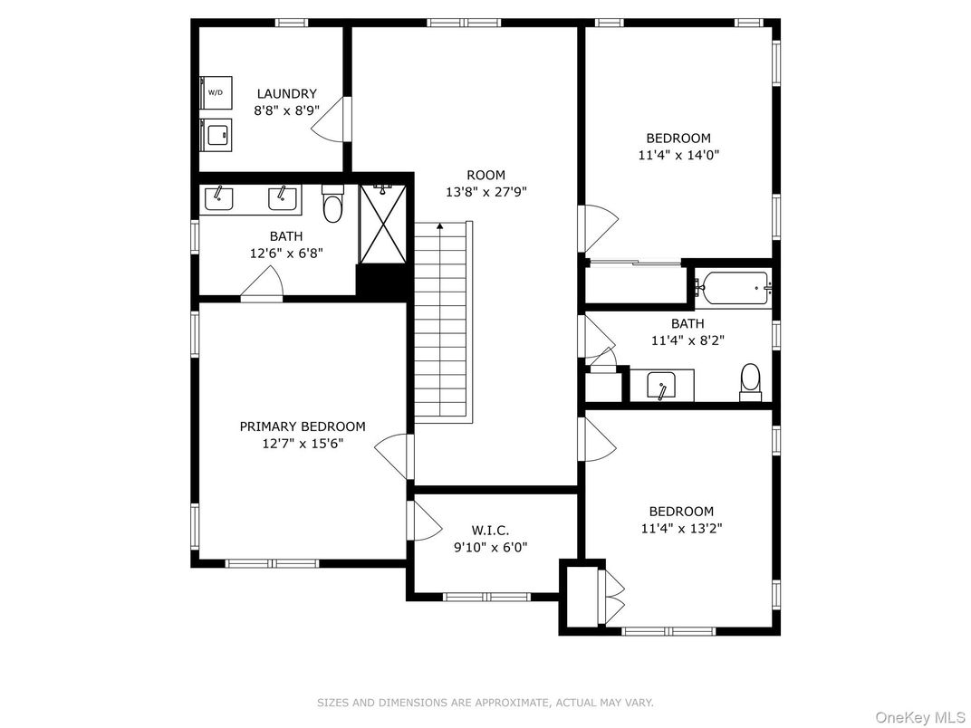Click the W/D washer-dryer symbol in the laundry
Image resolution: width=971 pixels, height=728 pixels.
(216, 93)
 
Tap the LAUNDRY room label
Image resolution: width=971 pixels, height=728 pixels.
(287, 94)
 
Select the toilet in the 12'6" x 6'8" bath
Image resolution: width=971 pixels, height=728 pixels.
(332, 204)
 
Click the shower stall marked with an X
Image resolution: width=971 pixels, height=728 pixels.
(383, 224)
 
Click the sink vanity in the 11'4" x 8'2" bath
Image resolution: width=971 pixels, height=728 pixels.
(662, 385)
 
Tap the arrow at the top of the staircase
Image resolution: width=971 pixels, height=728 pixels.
(439, 226)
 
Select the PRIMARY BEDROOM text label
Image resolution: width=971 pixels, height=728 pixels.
(303, 426)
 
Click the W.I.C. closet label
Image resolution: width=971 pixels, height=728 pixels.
(490, 531)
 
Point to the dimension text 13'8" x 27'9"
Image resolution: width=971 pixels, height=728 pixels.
(486, 192)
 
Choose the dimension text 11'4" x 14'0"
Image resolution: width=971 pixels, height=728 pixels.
(678, 155)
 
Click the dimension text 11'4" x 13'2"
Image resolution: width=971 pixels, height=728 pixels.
(682, 529)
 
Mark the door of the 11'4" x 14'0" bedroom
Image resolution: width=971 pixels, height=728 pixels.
(600, 228)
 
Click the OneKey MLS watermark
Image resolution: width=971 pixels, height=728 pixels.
(919, 717)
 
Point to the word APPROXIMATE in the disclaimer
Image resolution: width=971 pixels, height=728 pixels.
(513, 703)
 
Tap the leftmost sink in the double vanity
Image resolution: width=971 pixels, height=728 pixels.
(218, 198)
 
